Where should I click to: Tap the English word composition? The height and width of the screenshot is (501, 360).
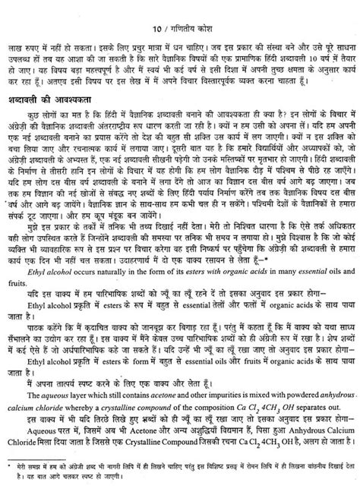point(209,388)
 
